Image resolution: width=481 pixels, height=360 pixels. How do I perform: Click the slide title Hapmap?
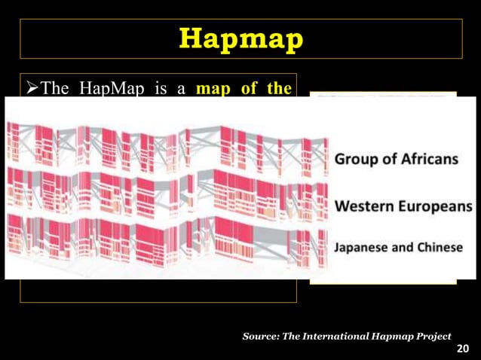(240, 38)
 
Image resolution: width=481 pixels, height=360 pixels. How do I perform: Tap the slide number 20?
(463, 349)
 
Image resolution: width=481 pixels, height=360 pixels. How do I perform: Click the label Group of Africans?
(396, 159)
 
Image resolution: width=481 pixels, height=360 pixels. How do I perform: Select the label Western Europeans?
(403, 206)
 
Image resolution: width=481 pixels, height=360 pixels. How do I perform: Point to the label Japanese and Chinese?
(398, 248)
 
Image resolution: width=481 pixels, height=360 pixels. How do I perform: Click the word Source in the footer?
(260, 336)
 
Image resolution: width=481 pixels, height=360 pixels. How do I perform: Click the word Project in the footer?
(433, 336)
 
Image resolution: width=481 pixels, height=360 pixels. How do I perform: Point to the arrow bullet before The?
(32, 88)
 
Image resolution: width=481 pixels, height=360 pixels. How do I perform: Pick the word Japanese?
(360, 248)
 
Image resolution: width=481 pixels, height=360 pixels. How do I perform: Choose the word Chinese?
(439, 248)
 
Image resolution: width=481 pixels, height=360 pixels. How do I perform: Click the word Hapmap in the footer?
(393, 336)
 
